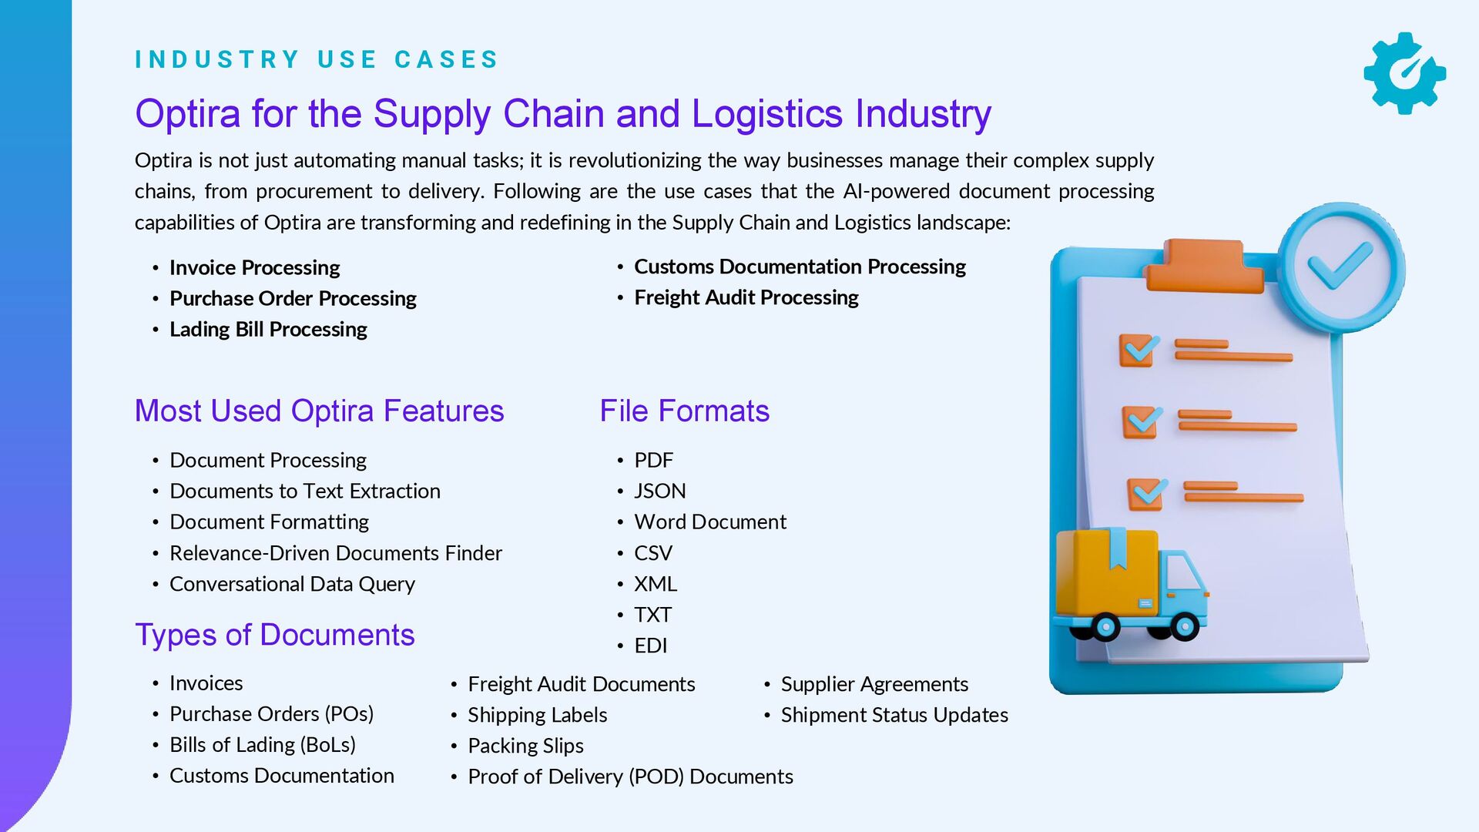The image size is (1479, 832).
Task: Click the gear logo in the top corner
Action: pyautogui.click(x=1404, y=73)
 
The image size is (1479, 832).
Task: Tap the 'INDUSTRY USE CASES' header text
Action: pyautogui.click(x=317, y=59)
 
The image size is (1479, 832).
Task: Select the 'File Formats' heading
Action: pyautogui.click(x=684, y=411)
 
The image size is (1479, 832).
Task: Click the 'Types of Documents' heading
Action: pyautogui.click(x=274, y=635)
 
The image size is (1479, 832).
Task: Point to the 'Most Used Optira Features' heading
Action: pyautogui.click(x=319, y=411)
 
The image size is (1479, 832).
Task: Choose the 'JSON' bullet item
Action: pyautogui.click(x=659, y=491)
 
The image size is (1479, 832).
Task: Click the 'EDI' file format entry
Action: pyautogui.click(x=650, y=646)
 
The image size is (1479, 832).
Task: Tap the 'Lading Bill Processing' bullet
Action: pyautogui.click(x=268, y=329)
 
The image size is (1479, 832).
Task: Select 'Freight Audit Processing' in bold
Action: pyautogui.click(x=746, y=297)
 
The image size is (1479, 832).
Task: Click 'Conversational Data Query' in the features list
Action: pyautogui.click(x=292, y=584)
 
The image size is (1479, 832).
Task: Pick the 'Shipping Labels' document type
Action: pyautogui.click(x=537, y=715)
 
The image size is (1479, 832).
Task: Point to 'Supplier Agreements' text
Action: pyautogui.click(x=874, y=684)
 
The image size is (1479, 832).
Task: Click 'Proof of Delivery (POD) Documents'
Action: pyautogui.click(x=630, y=777)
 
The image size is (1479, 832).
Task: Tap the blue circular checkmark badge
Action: pyautogui.click(x=1340, y=268)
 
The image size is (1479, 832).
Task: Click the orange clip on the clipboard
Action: pyautogui.click(x=1203, y=266)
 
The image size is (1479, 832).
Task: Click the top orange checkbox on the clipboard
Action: pyautogui.click(x=1139, y=351)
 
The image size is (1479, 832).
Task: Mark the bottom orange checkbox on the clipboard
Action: pyautogui.click(x=1146, y=494)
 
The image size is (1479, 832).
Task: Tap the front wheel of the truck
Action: pyautogui.click(x=1184, y=626)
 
